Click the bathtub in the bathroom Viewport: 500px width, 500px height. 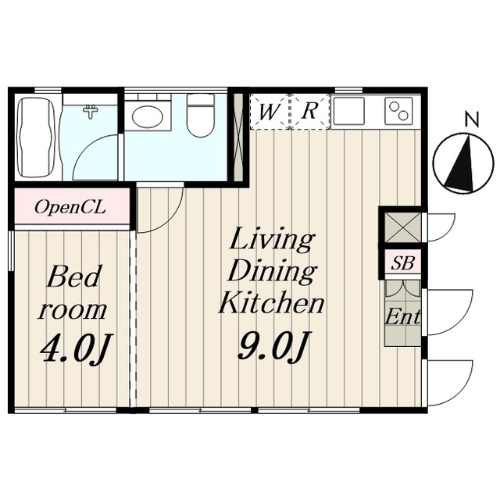[x=36, y=137]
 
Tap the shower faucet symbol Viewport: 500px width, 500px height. [x=91, y=112]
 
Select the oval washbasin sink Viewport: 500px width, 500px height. [x=148, y=116]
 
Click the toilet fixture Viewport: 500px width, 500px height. [x=201, y=115]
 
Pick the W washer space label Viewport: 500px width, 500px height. [x=269, y=112]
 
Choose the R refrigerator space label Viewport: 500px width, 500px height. [x=309, y=111]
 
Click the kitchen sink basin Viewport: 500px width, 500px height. [x=348, y=111]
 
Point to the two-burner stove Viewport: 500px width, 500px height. [x=399, y=111]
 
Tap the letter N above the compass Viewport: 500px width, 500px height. [x=472, y=120]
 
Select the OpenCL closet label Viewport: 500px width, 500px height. [x=70, y=208]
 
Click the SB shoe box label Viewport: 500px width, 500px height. [x=403, y=263]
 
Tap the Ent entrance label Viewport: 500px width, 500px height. [x=402, y=316]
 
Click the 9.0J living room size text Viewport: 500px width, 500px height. [x=273, y=347]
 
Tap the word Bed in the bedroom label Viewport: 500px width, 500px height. [x=73, y=276]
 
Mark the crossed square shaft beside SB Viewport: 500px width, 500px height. [x=403, y=227]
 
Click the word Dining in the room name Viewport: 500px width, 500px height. [x=273, y=272]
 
